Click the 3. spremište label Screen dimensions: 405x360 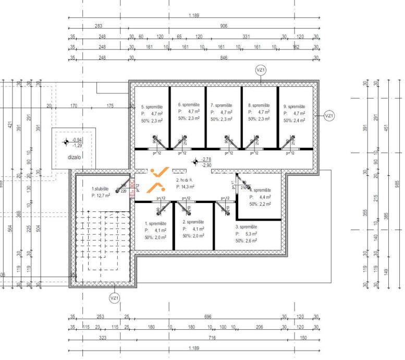tap(247, 227)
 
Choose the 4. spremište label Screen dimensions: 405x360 tap(261, 190)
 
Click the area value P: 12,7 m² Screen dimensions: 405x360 tap(102, 196)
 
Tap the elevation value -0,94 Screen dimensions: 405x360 tap(78, 140)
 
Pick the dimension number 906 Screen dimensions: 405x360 tap(224, 26)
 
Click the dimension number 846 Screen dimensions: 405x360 tap(224, 57)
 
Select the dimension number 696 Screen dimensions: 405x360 tap(207, 317)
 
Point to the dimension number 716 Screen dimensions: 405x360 tap(212, 339)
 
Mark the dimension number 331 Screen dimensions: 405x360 tap(247, 37)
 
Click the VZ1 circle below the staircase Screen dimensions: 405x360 tap(115, 298)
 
